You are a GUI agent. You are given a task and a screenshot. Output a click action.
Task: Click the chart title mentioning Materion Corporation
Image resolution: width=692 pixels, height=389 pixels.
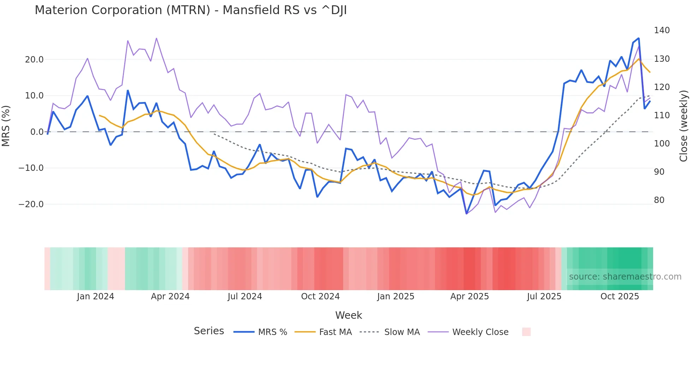click(x=191, y=10)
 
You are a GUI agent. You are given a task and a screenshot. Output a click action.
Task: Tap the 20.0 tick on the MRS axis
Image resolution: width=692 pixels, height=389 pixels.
click(x=34, y=60)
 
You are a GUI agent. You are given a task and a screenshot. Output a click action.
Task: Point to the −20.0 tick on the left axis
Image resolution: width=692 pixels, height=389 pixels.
click(x=31, y=204)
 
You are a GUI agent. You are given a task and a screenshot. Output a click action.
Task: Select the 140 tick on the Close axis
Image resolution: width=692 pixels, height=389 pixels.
click(x=662, y=30)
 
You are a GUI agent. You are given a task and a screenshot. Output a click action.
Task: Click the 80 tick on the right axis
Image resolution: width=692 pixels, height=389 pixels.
click(x=659, y=200)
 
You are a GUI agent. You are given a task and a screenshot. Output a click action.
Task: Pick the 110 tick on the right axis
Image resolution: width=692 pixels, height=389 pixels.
click(x=662, y=115)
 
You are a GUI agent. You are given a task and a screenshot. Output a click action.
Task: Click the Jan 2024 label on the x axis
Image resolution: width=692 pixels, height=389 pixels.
click(x=95, y=297)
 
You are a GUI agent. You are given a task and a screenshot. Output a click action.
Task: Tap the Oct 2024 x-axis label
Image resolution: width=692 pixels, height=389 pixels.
click(x=320, y=297)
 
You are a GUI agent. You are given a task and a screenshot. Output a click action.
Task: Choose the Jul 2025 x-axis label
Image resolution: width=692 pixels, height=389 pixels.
click(x=544, y=297)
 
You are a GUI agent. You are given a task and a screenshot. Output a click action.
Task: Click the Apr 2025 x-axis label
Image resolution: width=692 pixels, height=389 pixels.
click(x=470, y=297)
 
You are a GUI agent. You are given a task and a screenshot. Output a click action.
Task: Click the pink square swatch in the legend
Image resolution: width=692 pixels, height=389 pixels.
click(x=526, y=332)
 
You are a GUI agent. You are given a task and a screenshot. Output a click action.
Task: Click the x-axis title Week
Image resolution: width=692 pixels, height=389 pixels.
click(x=348, y=315)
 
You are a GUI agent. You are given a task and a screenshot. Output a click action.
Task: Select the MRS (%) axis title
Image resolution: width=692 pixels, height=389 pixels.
click(x=6, y=126)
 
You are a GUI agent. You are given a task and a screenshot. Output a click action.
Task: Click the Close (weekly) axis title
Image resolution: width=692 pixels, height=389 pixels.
click(x=684, y=126)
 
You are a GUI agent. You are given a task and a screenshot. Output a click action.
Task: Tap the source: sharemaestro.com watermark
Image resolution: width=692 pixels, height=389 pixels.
click(x=625, y=277)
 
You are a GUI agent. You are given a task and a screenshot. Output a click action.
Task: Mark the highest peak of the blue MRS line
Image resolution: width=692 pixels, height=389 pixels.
click(x=638, y=38)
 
